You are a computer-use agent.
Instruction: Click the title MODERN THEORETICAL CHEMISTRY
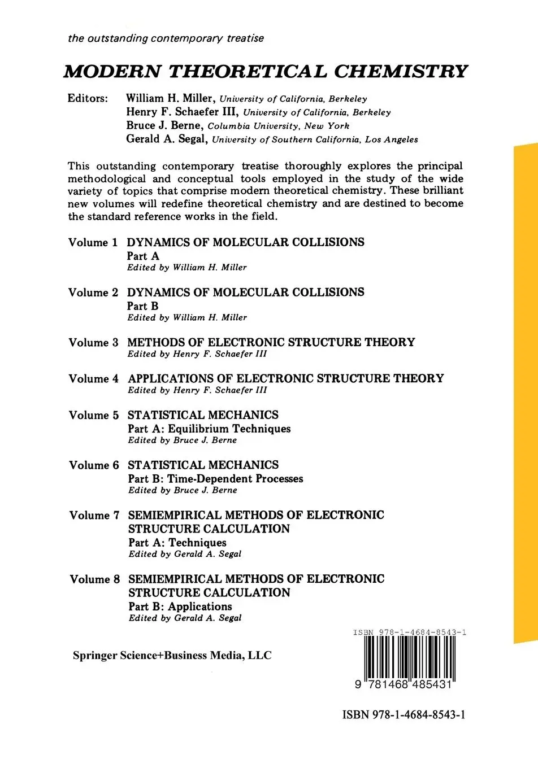click(x=266, y=72)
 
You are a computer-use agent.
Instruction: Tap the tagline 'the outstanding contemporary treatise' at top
click(x=166, y=38)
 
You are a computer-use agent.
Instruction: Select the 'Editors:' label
click(x=88, y=98)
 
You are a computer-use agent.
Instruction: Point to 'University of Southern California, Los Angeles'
click(x=315, y=139)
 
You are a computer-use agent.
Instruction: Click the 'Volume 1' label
click(x=93, y=243)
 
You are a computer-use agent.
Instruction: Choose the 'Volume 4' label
click(x=94, y=379)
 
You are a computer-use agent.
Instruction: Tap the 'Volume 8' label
click(x=95, y=579)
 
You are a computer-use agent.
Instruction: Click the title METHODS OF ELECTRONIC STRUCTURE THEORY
click(x=271, y=342)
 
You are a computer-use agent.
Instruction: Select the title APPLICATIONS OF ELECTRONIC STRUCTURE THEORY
click(x=285, y=378)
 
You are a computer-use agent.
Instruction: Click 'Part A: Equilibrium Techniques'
click(x=209, y=429)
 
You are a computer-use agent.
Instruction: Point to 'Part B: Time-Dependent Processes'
click(x=215, y=479)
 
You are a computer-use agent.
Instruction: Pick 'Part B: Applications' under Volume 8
click(x=180, y=606)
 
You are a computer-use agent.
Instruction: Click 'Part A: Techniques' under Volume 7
click(x=177, y=543)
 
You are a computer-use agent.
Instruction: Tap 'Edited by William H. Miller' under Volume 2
click(x=187, y=318)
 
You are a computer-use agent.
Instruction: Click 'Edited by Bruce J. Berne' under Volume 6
click(x=183, y=490)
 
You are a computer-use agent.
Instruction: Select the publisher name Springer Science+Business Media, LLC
click(x=172, y=656)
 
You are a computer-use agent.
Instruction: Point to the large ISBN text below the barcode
click(x=404, y=715)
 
